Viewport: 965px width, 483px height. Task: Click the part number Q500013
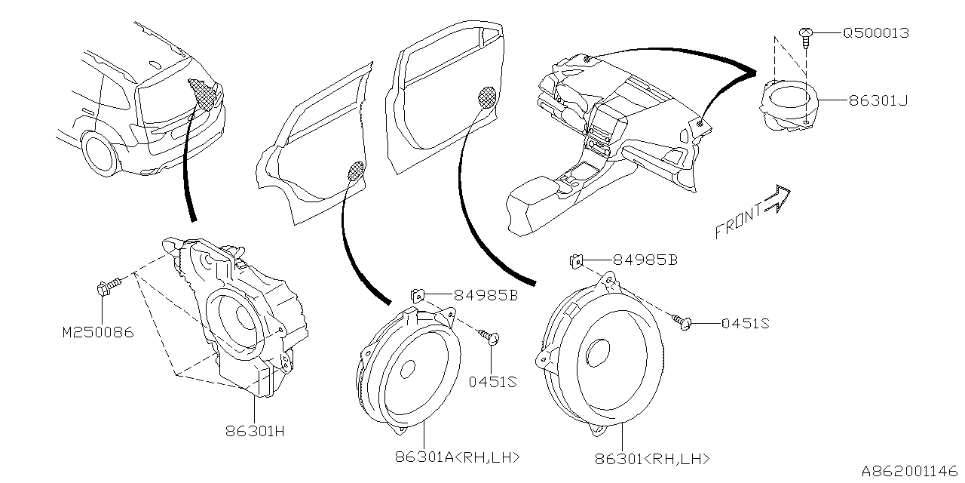pyautogui.click(x=875, y=33)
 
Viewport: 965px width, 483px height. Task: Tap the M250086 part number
pyautogui.click(x=98, y=331)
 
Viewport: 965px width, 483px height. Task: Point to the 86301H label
pyautogui.click(x=255, y=432)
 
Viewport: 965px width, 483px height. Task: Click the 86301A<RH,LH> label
pyautogui.click(x=458, y=457)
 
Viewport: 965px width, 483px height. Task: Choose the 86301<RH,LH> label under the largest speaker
pyautogui.click(x=652, y=458)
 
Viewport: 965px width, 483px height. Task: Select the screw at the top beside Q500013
pyautogui.click(x=806, y=34)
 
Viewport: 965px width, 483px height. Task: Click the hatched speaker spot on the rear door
pyautogui.click(x=357, y=171)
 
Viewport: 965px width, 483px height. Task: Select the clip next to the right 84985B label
pyautogui.click(x=575, y=261)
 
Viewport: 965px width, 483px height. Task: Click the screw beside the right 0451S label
pyautogui.click(x=685, y=324)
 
